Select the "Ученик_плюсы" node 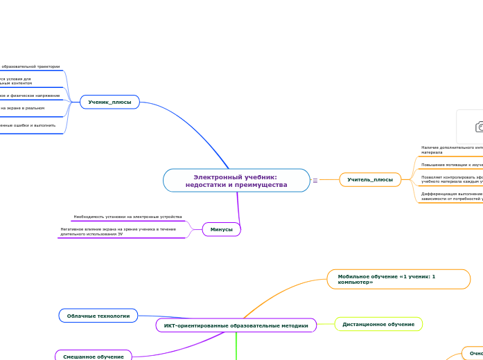click(109, 102)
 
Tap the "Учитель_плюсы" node click(370, 180)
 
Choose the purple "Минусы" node click(221, 229)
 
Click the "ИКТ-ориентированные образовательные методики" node click(236, 325)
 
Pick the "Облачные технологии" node click(98, 316)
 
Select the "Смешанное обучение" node click(94, 357)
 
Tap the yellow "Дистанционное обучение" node click(378, 324)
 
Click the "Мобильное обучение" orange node click(398, 279)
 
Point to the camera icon click(477, 126)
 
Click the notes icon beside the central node click(315, 181)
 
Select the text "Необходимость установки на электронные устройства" click(128, 217)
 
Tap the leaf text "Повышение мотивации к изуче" click(451, 165)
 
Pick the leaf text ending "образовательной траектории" click(30, 66)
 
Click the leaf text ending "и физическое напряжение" click(30, 96)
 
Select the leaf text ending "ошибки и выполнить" click(28, 125)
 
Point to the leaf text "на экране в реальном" click(22, 108)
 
